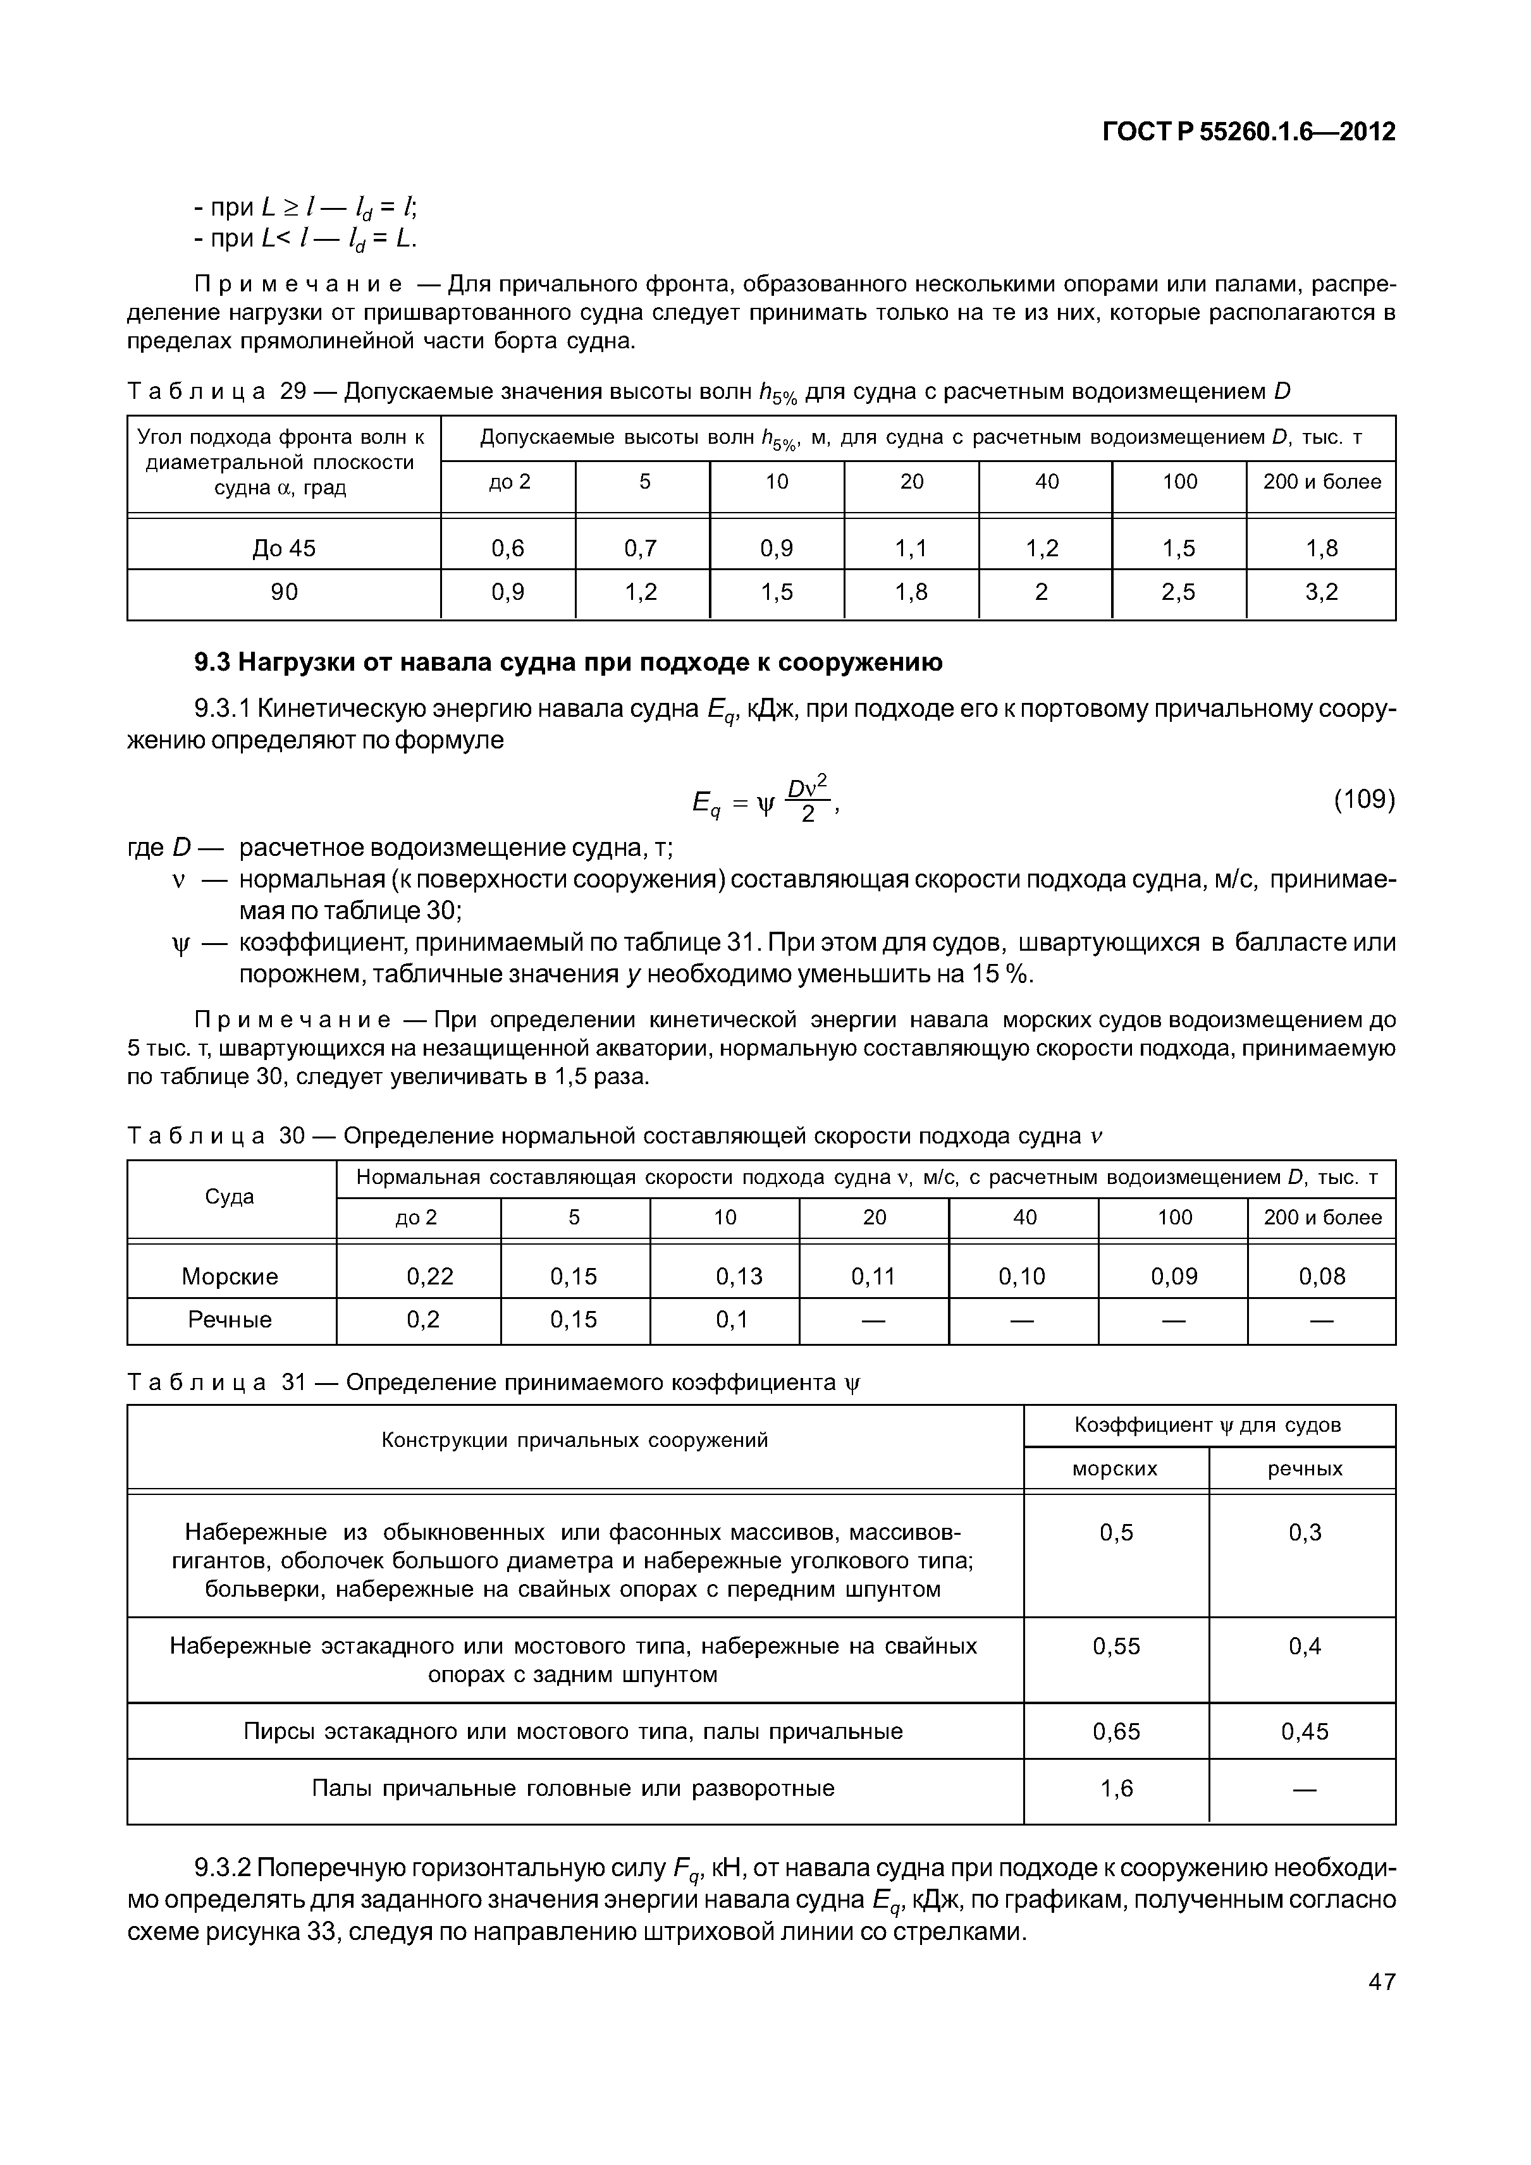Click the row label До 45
[x=284, y=548]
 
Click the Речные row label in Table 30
[x=230, y=1319]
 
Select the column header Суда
[x=230, y=1197]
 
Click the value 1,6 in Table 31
[x=1116, y=1788]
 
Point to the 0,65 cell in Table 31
[x=1116, y=1731]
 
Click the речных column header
[x=1305, y=1468]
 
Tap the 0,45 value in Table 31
[x=1305, y=1731]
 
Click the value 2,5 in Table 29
[x=1178, y=592]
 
